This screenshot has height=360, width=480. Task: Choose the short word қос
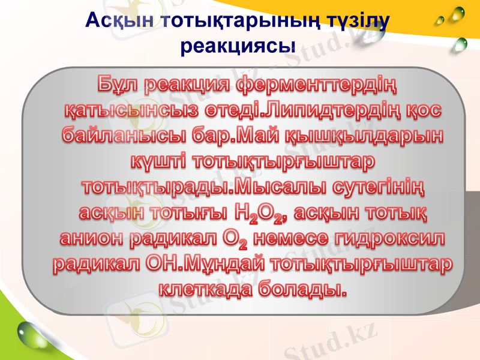424,112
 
